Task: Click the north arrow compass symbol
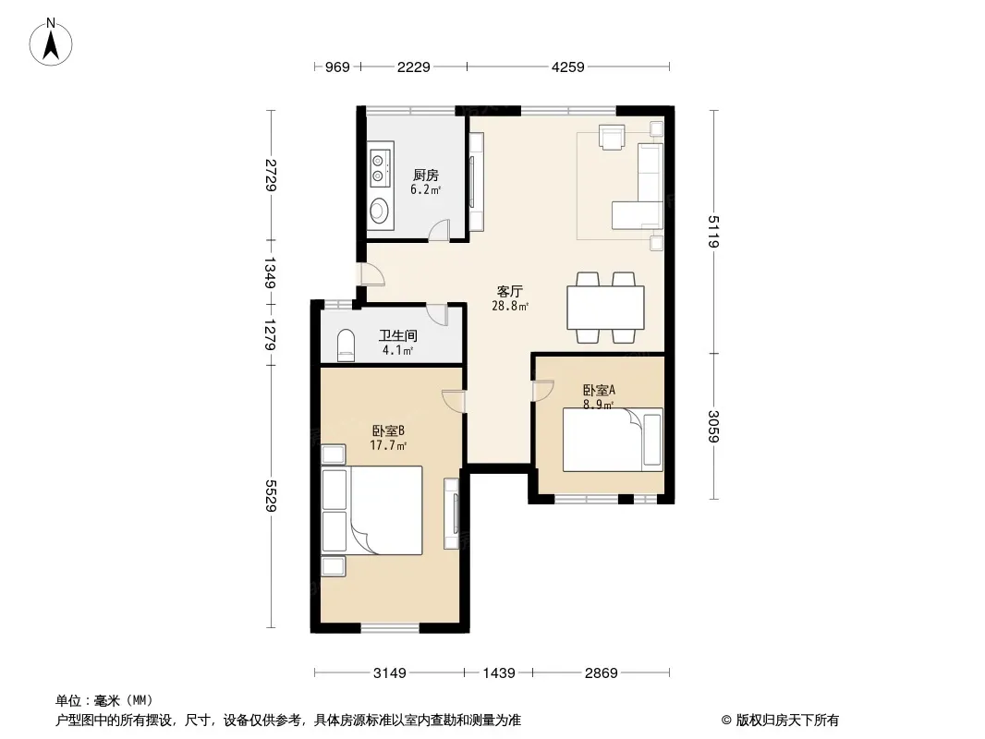point(51,42)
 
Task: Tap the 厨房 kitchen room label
point(426,176)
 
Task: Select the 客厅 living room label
point(509,291)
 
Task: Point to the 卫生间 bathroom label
point(397,336)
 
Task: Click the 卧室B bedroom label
point(387,430)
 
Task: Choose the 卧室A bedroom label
point(599,390)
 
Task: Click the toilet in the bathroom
point(347,345)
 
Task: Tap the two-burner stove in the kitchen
point(379,167)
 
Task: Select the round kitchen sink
point(379,211)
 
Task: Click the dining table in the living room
point(605,308)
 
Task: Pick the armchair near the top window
point(612,137)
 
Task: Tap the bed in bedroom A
point(614,440)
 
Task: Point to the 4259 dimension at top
point(568,67)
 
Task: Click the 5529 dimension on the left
point(272,496)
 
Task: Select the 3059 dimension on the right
point(713,427)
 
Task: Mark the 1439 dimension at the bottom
point(499,673)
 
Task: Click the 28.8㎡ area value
point(509,307)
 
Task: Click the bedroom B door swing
point(453,401)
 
